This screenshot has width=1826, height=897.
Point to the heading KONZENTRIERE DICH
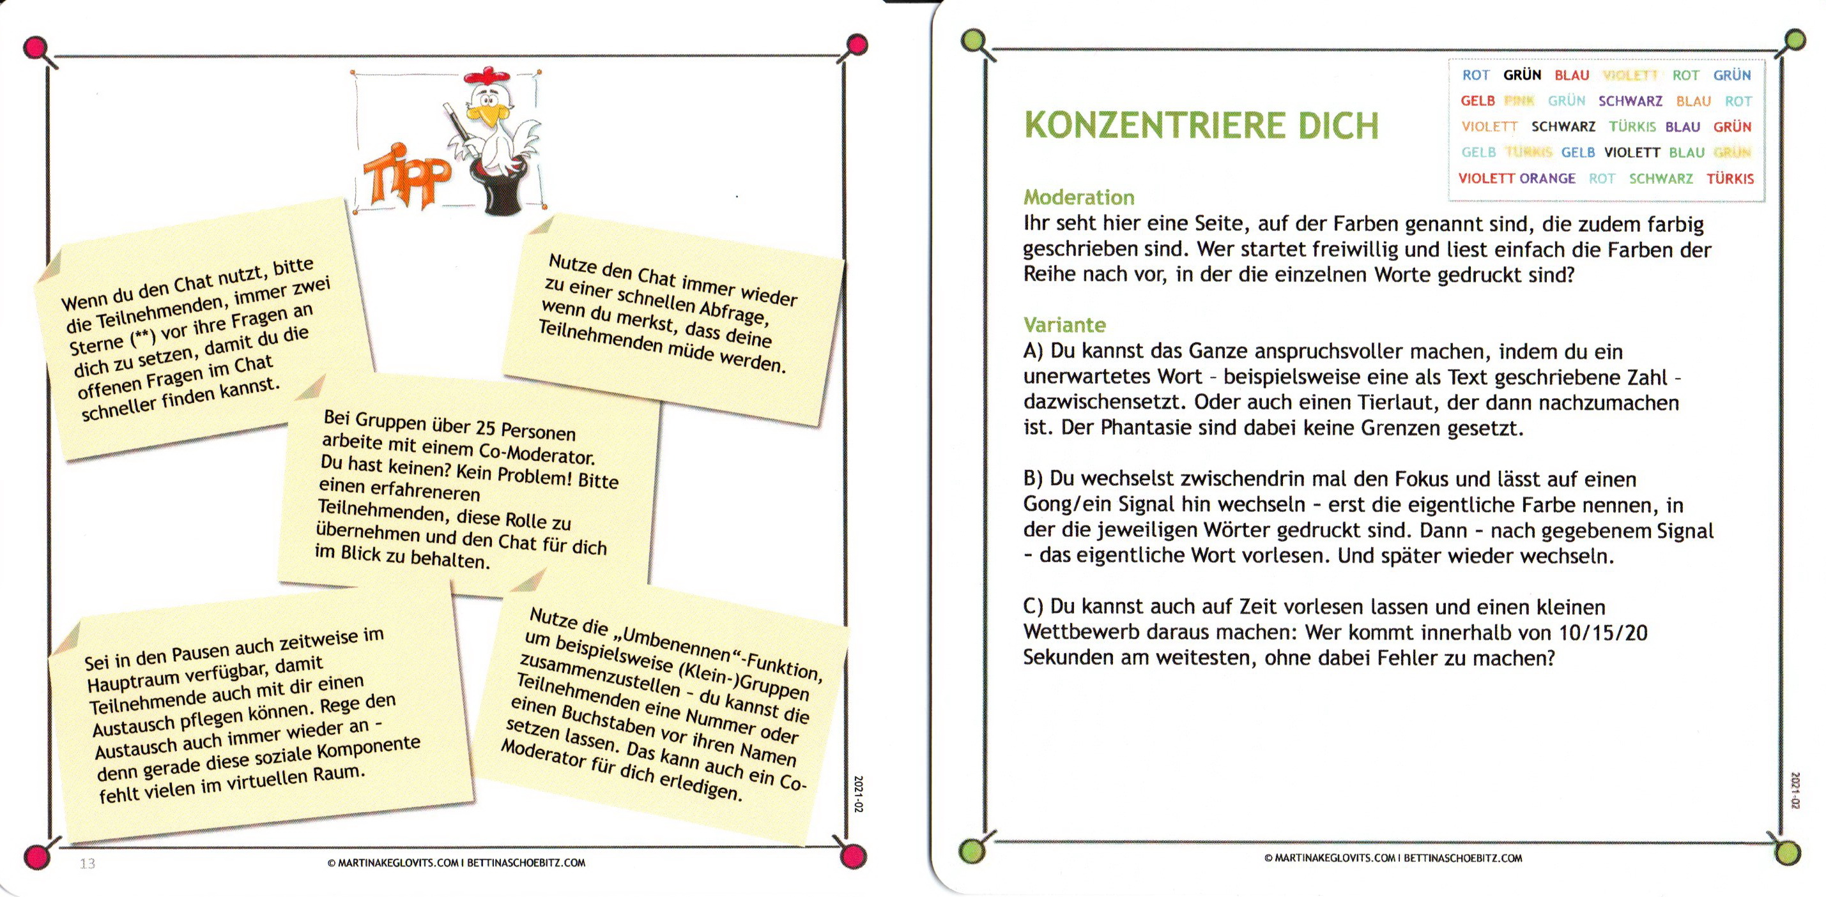click(1202, 126)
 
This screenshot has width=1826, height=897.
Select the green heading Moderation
click(1079, 197)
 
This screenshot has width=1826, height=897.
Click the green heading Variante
click(1064, 325)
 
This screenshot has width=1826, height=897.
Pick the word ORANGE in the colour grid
click(1547, 179)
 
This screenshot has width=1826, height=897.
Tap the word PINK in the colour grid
click(1519, 102)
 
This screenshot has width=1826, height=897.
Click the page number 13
click(87, 863)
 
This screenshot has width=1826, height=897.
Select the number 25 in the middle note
click(485, 427)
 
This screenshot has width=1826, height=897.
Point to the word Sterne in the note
click(96, 344)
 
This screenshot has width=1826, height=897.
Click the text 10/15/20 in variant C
click(1604, 633)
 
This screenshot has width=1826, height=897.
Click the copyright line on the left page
click(456, 863)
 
